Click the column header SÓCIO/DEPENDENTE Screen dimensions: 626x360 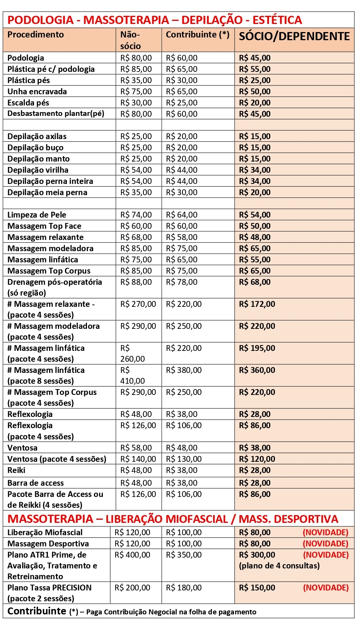click(294, 36)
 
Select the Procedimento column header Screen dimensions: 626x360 click(36, 35)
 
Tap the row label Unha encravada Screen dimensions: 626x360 click(37, 92)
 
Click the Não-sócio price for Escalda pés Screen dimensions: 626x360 click(136, 103)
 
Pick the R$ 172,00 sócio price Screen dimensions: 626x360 click(257, 304)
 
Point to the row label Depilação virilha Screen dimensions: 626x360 click(38, 170)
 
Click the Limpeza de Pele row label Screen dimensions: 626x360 click(37, 215)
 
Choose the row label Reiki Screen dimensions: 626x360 click(16, 470)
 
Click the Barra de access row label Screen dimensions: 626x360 click(36, 483)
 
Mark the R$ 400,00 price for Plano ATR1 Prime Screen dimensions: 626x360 click(132, 555)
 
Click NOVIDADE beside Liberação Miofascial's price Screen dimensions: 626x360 click(325, 532)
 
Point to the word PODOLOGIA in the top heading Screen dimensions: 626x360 click(41, 20)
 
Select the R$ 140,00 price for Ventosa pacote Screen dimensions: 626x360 click(138, 459)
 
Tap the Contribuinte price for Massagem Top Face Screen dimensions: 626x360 click(182, 226)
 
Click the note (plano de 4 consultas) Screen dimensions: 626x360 click(279, 566)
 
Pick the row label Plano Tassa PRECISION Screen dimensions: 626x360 click(49, 588)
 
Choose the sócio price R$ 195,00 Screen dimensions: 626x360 click(257, 348)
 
